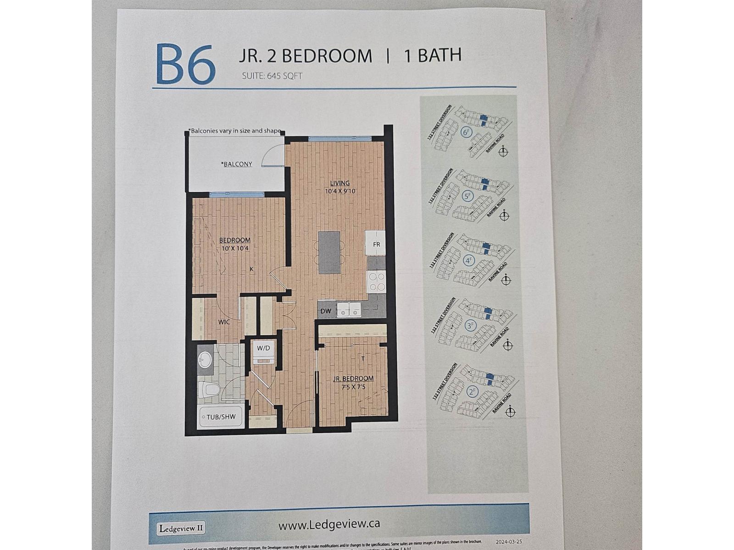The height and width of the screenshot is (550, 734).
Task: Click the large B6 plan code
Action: [186, 65]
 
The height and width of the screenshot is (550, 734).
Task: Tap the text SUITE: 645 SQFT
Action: [272, 76]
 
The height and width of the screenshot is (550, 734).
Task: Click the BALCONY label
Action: [237, 164]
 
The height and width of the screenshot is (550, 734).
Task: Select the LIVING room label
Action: [340, 183]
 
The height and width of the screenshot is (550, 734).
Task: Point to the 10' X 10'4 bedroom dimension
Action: [234, 248]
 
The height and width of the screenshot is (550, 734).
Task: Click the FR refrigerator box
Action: [376, 244]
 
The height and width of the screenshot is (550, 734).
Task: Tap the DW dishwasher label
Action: [326, 311]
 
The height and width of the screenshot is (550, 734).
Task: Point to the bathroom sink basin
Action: [205, 360]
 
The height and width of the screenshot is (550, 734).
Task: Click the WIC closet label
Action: [224, 322]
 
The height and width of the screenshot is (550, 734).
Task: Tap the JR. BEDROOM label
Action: [353, 379]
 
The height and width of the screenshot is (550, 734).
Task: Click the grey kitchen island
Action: [329, 252]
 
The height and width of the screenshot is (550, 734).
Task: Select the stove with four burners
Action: [377, 281]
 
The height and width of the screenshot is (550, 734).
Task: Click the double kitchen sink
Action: [349, 310]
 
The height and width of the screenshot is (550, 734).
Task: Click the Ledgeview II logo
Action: [181, 528]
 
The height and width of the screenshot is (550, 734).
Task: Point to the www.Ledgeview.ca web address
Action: [329, 524]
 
